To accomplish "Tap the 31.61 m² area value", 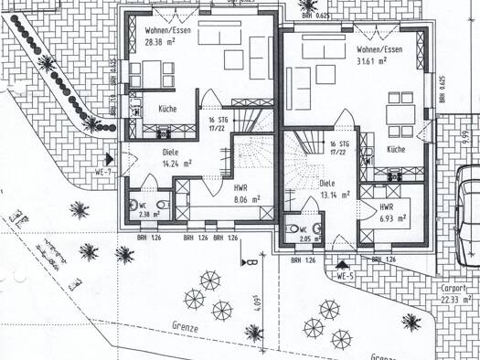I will [379, 61].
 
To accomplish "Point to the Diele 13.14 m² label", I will [333, 188].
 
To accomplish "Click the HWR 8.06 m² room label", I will [246, 193].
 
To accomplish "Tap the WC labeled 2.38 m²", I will [144, 209].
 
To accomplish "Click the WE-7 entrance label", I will [102, 172].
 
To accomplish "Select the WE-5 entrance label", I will [345, 275].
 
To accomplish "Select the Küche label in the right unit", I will [396, 148].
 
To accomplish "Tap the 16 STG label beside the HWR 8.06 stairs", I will [218, 123].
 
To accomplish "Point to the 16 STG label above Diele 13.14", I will [337, 147].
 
